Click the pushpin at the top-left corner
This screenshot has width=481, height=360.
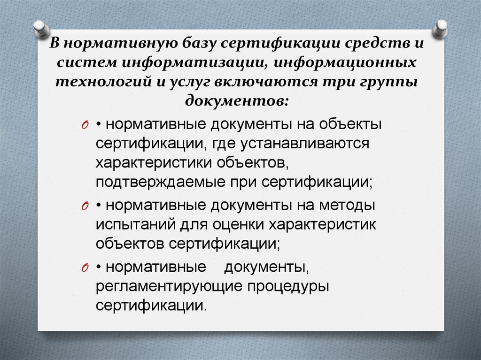point(41,29)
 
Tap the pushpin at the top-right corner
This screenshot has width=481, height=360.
point(441,29)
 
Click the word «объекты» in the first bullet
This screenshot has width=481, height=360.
point(347,125)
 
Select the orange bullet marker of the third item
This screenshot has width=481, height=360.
point(85,268)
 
